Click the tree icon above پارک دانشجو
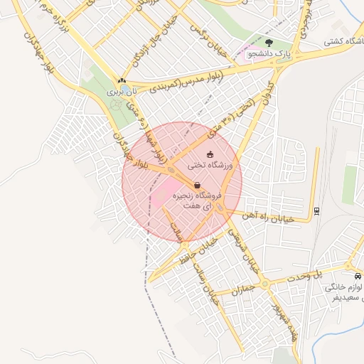coord(267,43)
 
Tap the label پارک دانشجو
coord(265,53)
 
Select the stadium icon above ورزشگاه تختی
coord(209,154)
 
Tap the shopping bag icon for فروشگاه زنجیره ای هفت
coord(197,186)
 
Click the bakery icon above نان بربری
coord(122,81)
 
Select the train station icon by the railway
coord(316,210)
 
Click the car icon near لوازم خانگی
coord(356,276)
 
